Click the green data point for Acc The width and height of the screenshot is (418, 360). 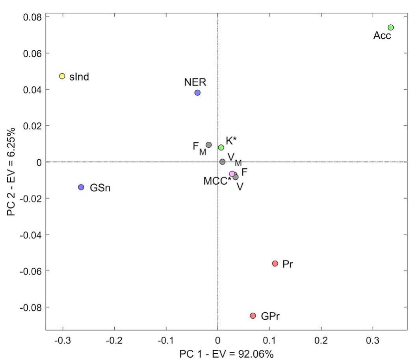click(x=390, y=28)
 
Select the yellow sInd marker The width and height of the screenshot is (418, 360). click(x=62, y=76)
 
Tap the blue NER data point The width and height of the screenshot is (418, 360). click(x=197, y=93)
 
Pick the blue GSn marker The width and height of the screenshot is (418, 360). click(x=81, y=187)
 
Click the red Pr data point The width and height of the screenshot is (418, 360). click(x=275, y=263)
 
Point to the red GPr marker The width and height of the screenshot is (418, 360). click(x=253, y=315)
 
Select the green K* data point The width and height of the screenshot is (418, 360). click(x=221, y=147)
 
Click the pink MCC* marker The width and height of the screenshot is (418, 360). click(x=232, y=174)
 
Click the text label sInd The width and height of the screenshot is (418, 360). click(x=80, y=76)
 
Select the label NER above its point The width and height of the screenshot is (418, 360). click(x=195, y=82)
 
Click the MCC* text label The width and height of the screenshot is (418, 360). click(x=217, y=181)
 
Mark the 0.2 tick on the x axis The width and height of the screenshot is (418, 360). click(x=321, y=339)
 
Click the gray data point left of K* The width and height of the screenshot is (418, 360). click(x=209, y=145)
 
